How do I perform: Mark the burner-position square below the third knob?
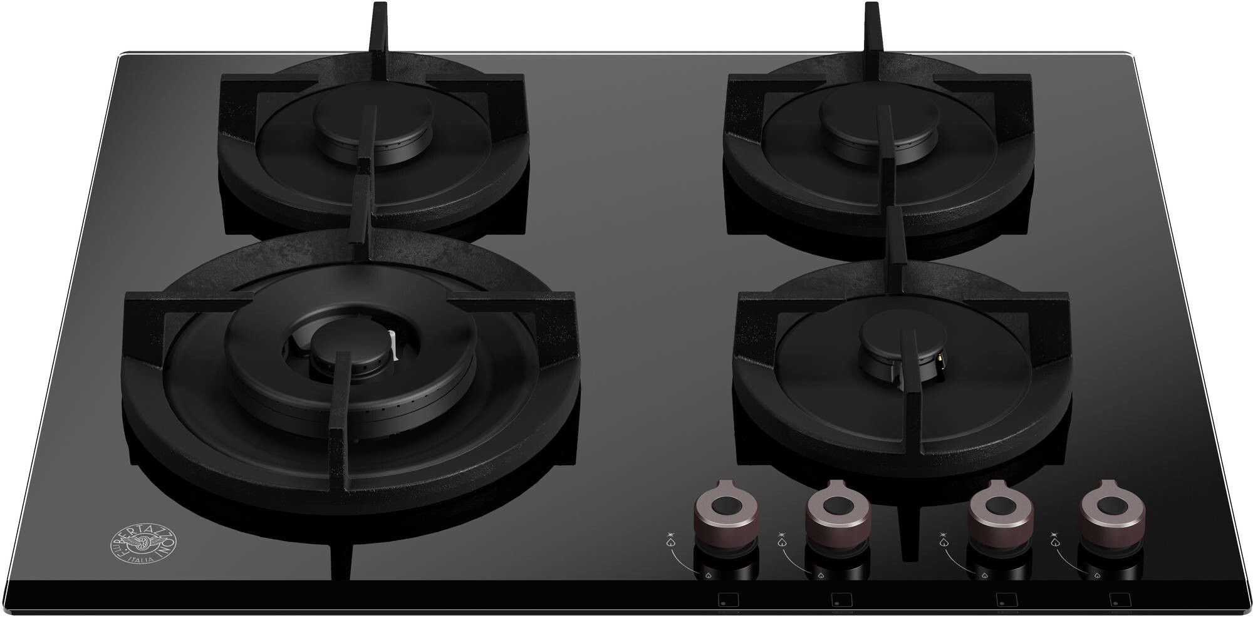[x=1005, y=599]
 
